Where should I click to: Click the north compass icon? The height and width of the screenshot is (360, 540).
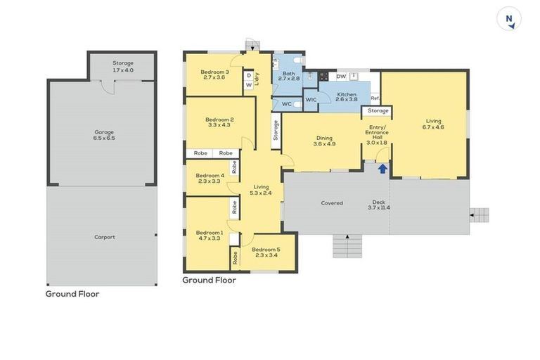[x=509, y=18]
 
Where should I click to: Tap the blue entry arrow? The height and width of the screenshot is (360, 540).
[x=382, y=169]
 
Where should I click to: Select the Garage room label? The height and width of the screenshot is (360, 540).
[x=104, y=135]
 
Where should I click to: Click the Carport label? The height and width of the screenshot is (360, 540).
[x=105, y=237]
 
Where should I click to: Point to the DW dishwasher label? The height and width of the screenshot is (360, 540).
[x=341, y=77]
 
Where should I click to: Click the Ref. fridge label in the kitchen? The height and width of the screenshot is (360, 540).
[x=375, y=98]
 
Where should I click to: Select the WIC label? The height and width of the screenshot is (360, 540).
[x=311, y=100]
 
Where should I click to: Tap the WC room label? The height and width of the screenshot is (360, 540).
[x=287, y=104]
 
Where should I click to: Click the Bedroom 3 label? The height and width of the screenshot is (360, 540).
[x=214, y=75]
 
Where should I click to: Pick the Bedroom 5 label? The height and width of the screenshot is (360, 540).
[x=266, y=252]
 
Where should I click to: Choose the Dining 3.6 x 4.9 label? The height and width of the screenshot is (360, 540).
[x=324, y=141]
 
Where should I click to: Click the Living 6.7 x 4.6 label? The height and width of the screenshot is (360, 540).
[x=433, y=124]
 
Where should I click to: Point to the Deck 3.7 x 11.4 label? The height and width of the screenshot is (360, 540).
[x=379, y=205]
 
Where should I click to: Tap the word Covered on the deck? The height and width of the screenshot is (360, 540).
[x=332, y=203]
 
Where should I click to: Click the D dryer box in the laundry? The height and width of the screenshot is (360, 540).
[x=249, y=76]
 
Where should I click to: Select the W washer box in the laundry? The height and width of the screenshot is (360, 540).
[x=249, y=85]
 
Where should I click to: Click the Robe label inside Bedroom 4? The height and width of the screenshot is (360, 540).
[x=235, y=167]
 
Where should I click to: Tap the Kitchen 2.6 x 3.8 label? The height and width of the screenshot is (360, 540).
[x=347, y=97]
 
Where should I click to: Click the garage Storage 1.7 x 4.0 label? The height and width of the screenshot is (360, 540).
[x=123, y=67]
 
